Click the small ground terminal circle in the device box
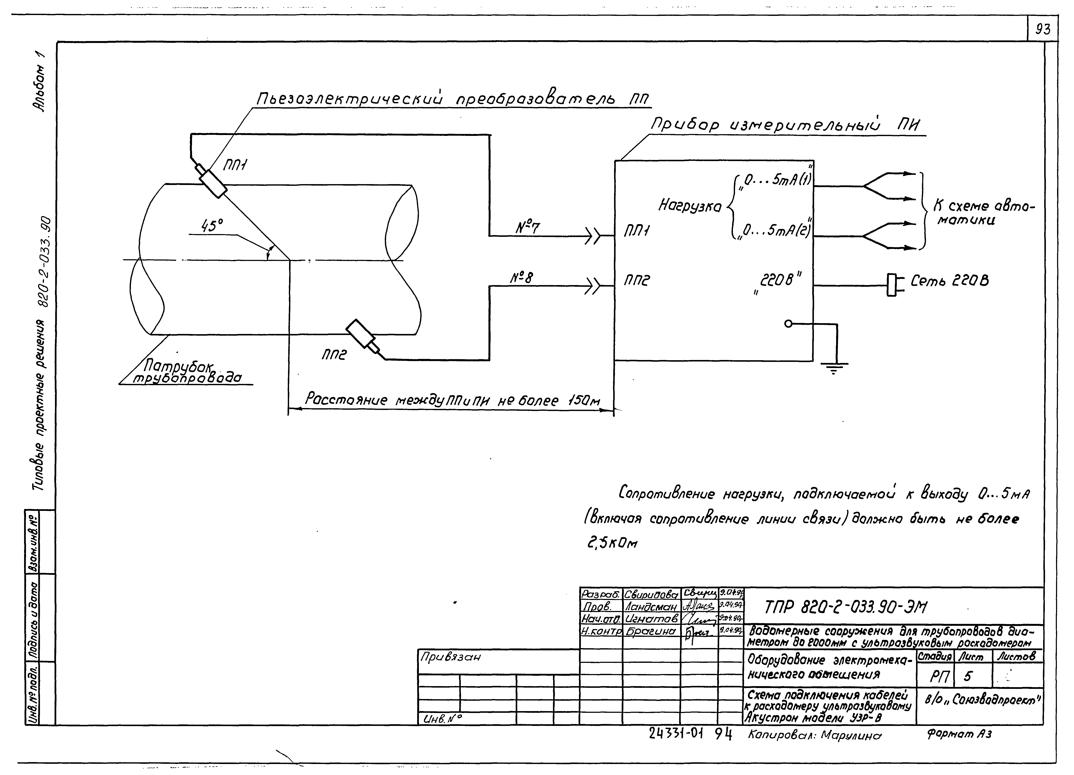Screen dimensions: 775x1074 click(x=788, y=324)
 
